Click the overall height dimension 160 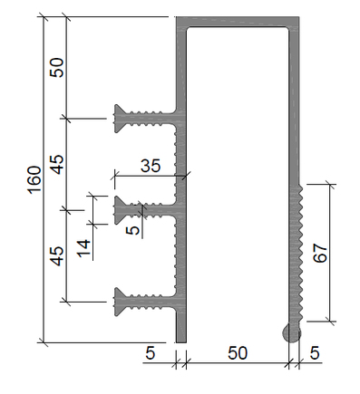point(34,179)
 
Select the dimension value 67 point(320,254)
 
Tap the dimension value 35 point(151,166)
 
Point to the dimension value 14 point(83,248)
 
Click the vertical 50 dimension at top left point(57,67)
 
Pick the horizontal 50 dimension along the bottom point(238,353)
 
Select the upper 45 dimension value point(57,165)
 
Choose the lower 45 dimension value point(57,256)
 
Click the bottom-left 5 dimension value point(151,353)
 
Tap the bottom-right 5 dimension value point(315,353)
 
